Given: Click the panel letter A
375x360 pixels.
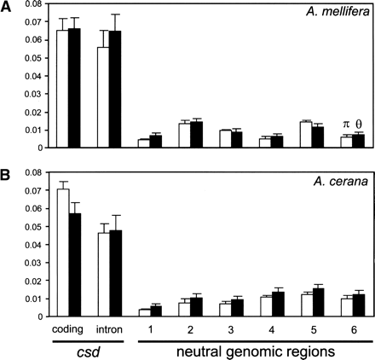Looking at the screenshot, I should click(8, 7).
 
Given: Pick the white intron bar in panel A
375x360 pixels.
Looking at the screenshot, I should click(103, 97).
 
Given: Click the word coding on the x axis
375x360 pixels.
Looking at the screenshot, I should click(68, 328).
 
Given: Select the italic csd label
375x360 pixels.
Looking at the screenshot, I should click(88, 349).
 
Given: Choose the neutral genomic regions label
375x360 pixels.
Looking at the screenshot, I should click(256, 349).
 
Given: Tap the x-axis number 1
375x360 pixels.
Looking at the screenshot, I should click(150, 328).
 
